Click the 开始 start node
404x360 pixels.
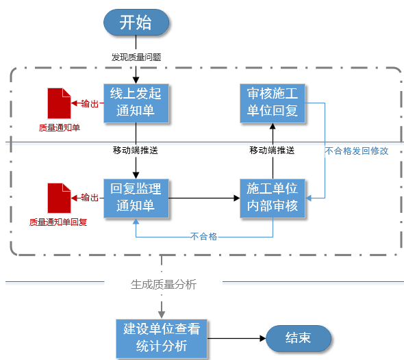click(136, 23)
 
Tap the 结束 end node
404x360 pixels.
click(298, 338)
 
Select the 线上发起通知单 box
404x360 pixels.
click(136, 103)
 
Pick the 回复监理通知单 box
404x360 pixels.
click(136, 198)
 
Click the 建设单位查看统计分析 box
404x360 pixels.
click(162, 338)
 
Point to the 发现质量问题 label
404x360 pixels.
click(136, 57)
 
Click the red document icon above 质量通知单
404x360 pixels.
click(58, 103)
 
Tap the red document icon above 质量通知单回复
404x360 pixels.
click(58, 198)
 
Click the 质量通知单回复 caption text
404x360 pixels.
click(58, 222)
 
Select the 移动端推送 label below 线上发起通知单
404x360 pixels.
click(136, 149)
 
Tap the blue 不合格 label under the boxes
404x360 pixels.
click(203, 236)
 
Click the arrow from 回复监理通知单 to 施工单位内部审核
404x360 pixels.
click(203, 198)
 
